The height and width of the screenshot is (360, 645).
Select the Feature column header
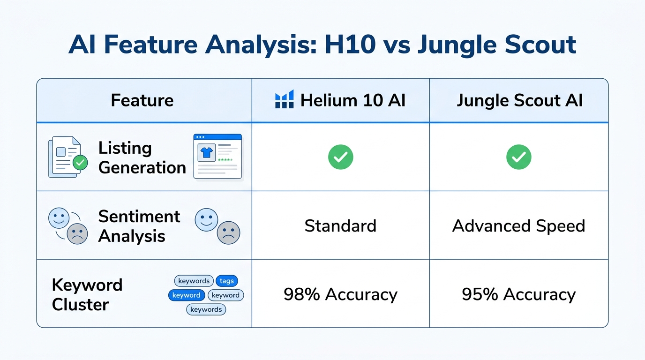pos(142,100)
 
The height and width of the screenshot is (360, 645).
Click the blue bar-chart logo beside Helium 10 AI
pos(284,100)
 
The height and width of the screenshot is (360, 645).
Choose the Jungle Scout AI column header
pos(519,100)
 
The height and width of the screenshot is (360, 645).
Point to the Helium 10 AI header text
pos(352,100)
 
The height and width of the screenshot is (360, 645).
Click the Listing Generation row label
pos(142,157)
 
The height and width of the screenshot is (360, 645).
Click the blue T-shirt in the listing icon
pos(207,152)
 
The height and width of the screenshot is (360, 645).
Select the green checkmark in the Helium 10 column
pos(340,157)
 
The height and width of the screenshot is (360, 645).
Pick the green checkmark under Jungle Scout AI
pos(518,157)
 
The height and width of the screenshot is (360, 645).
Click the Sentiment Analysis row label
pos(139,225)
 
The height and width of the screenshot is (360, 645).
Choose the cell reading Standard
pos(340,226)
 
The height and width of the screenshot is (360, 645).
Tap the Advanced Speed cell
pos(518,226)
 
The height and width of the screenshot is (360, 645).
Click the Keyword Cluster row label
pos(87,294)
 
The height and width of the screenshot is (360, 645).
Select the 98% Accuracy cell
pos(340,294)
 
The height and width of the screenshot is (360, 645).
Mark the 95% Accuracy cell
pos(518,294)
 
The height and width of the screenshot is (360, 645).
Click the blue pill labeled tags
pos(226,281)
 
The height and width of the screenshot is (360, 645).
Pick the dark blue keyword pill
pos(186,295)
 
